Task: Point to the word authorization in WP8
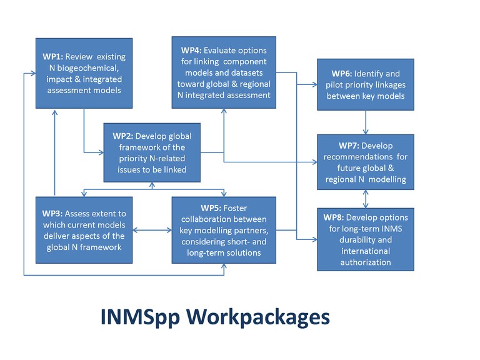366,262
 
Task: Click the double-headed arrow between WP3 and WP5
152,230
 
